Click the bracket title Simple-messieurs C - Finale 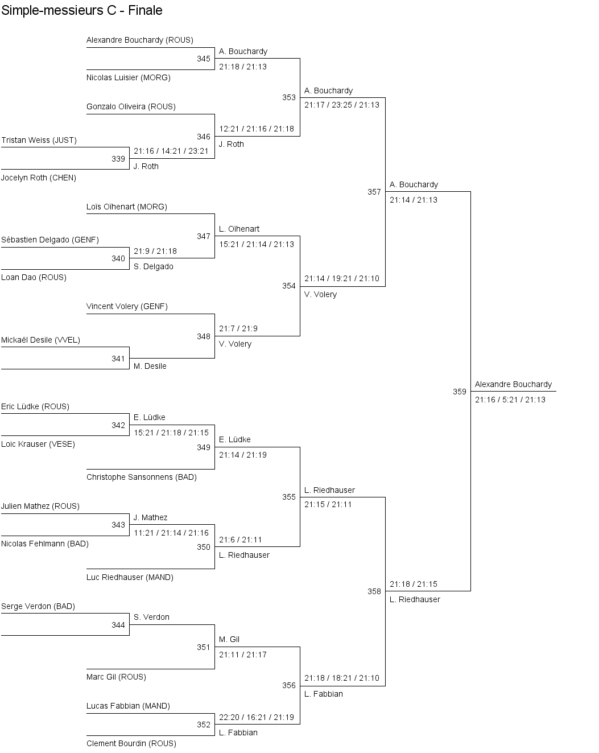coord(82,10)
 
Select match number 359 coord(460,392)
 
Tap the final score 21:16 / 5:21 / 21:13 coord(510,400)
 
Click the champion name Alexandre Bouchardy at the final coord(513,384)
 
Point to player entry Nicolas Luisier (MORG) coord(129,77)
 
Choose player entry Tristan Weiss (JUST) coord(39,140)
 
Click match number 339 coord(118,159)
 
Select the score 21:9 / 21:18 coord(155,251)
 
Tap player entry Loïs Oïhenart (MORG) coord(127,207)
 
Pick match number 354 coord(289,286)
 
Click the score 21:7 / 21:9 coord(238,328)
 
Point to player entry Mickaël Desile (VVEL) coord(40,340)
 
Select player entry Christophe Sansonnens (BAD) coord(142,477)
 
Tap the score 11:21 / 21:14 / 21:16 coord(171,533)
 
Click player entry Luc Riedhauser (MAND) coord(130,577)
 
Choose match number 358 coord(374,591)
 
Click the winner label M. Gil coord(229,639)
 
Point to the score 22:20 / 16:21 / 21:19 coord(257,717)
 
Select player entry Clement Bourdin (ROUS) coord(131,743)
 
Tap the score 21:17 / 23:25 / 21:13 coord(342,105)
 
